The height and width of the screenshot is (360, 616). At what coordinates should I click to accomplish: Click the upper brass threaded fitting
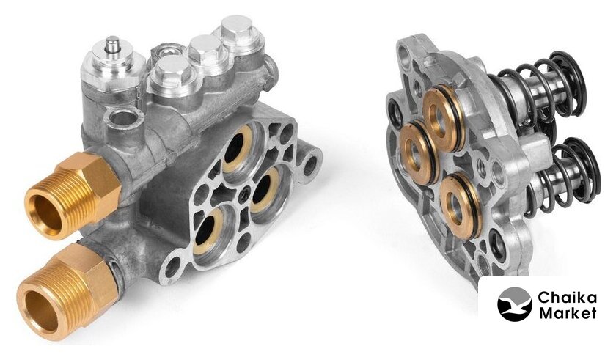pyautogui.click(x=73, y=195)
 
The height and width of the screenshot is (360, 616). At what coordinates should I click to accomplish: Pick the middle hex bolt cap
pyautogui.click(x=205, y=51)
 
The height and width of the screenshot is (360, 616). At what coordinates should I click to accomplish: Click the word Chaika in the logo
pyautogui.click(x=567, y=298)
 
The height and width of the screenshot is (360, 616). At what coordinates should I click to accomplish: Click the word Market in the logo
pyautogui.click(x=568, y=313)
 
